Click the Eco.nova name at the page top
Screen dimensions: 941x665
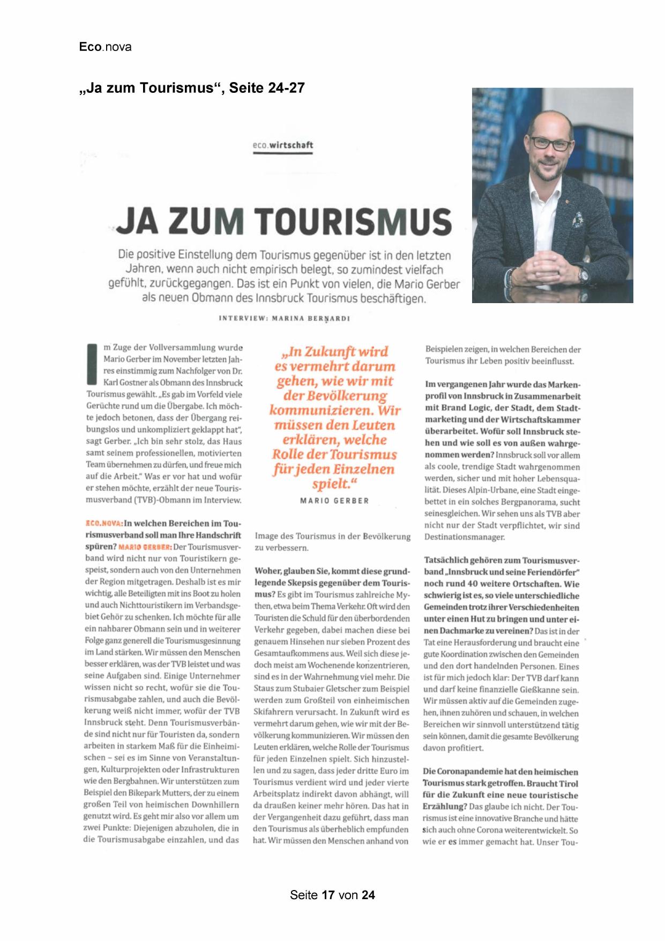coord(105,47)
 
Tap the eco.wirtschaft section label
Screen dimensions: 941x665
coord(282,145)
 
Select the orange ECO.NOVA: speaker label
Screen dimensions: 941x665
coord(104,523)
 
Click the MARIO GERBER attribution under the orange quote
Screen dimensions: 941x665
coord(334,501)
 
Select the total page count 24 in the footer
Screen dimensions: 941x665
coord(368,895)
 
